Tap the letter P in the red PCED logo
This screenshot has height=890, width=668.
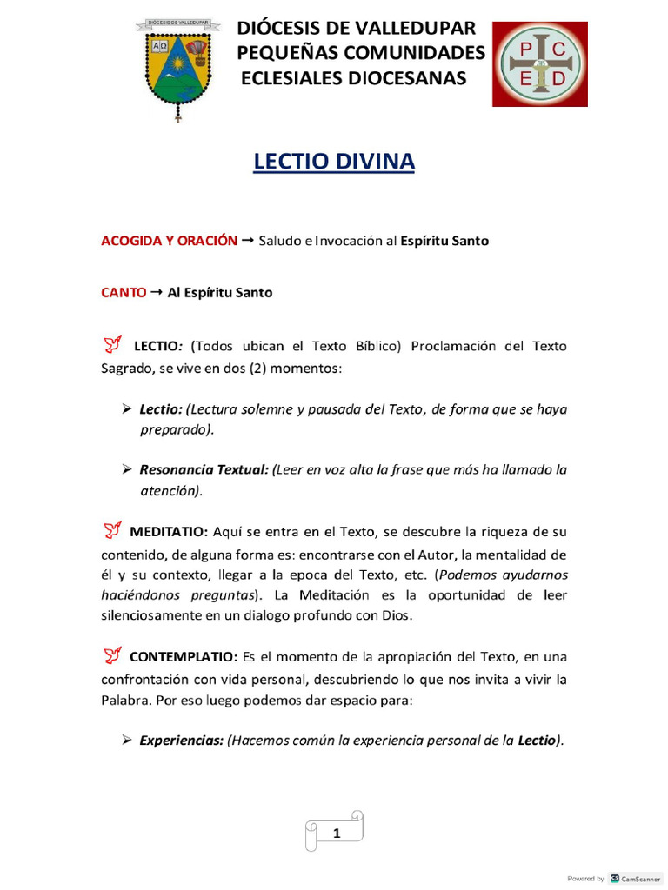coord(524,50)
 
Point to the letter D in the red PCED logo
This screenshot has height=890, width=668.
coord(559,79)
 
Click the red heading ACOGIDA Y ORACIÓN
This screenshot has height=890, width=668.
coord(169,241)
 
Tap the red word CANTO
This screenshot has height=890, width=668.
coord(124,293)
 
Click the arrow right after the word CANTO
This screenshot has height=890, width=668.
coord(157,293)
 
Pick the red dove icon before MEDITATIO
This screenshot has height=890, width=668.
coord(112,528)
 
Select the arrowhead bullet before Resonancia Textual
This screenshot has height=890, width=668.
coord(127,469)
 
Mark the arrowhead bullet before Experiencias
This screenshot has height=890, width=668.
coord(127,740)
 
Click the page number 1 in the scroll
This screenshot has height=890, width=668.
coord(336,834)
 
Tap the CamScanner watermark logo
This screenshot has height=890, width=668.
coord(615,879)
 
